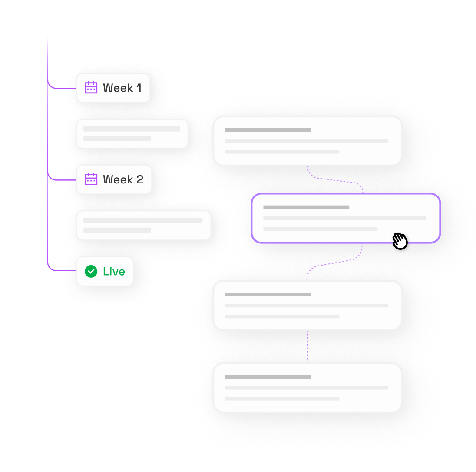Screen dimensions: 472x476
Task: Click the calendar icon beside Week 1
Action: click(x=91, y=87)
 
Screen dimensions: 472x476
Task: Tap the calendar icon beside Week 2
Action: click(x=91, y=179)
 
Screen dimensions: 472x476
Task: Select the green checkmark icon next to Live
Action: click(x=91, y=271)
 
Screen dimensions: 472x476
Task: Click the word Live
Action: click(x=114, y=272)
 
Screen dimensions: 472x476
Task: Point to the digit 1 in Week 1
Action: click(x=139, y=88)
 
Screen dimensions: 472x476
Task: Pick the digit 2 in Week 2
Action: click(x=139, y=179)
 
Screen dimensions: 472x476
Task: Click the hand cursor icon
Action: click(x=400, y=240)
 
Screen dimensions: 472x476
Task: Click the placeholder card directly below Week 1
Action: click(x=132, y=133)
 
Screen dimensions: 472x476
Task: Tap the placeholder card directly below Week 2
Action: click(x=143, y=225)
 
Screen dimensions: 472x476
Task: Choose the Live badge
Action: click(x=105, y=271)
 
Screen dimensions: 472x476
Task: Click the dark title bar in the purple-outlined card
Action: click(x=306, y=207)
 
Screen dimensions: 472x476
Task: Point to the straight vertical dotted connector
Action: click(x=307, y=346)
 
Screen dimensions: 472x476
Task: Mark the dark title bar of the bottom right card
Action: click(x=268, y=377)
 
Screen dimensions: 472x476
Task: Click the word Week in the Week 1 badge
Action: click(x=118, y=88)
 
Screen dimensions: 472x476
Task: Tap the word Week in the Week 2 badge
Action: click(x=118, y=179)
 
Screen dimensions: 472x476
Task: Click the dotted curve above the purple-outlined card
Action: click(x=334, y=179)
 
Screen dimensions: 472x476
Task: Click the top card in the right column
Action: click(x=307, y=140)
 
